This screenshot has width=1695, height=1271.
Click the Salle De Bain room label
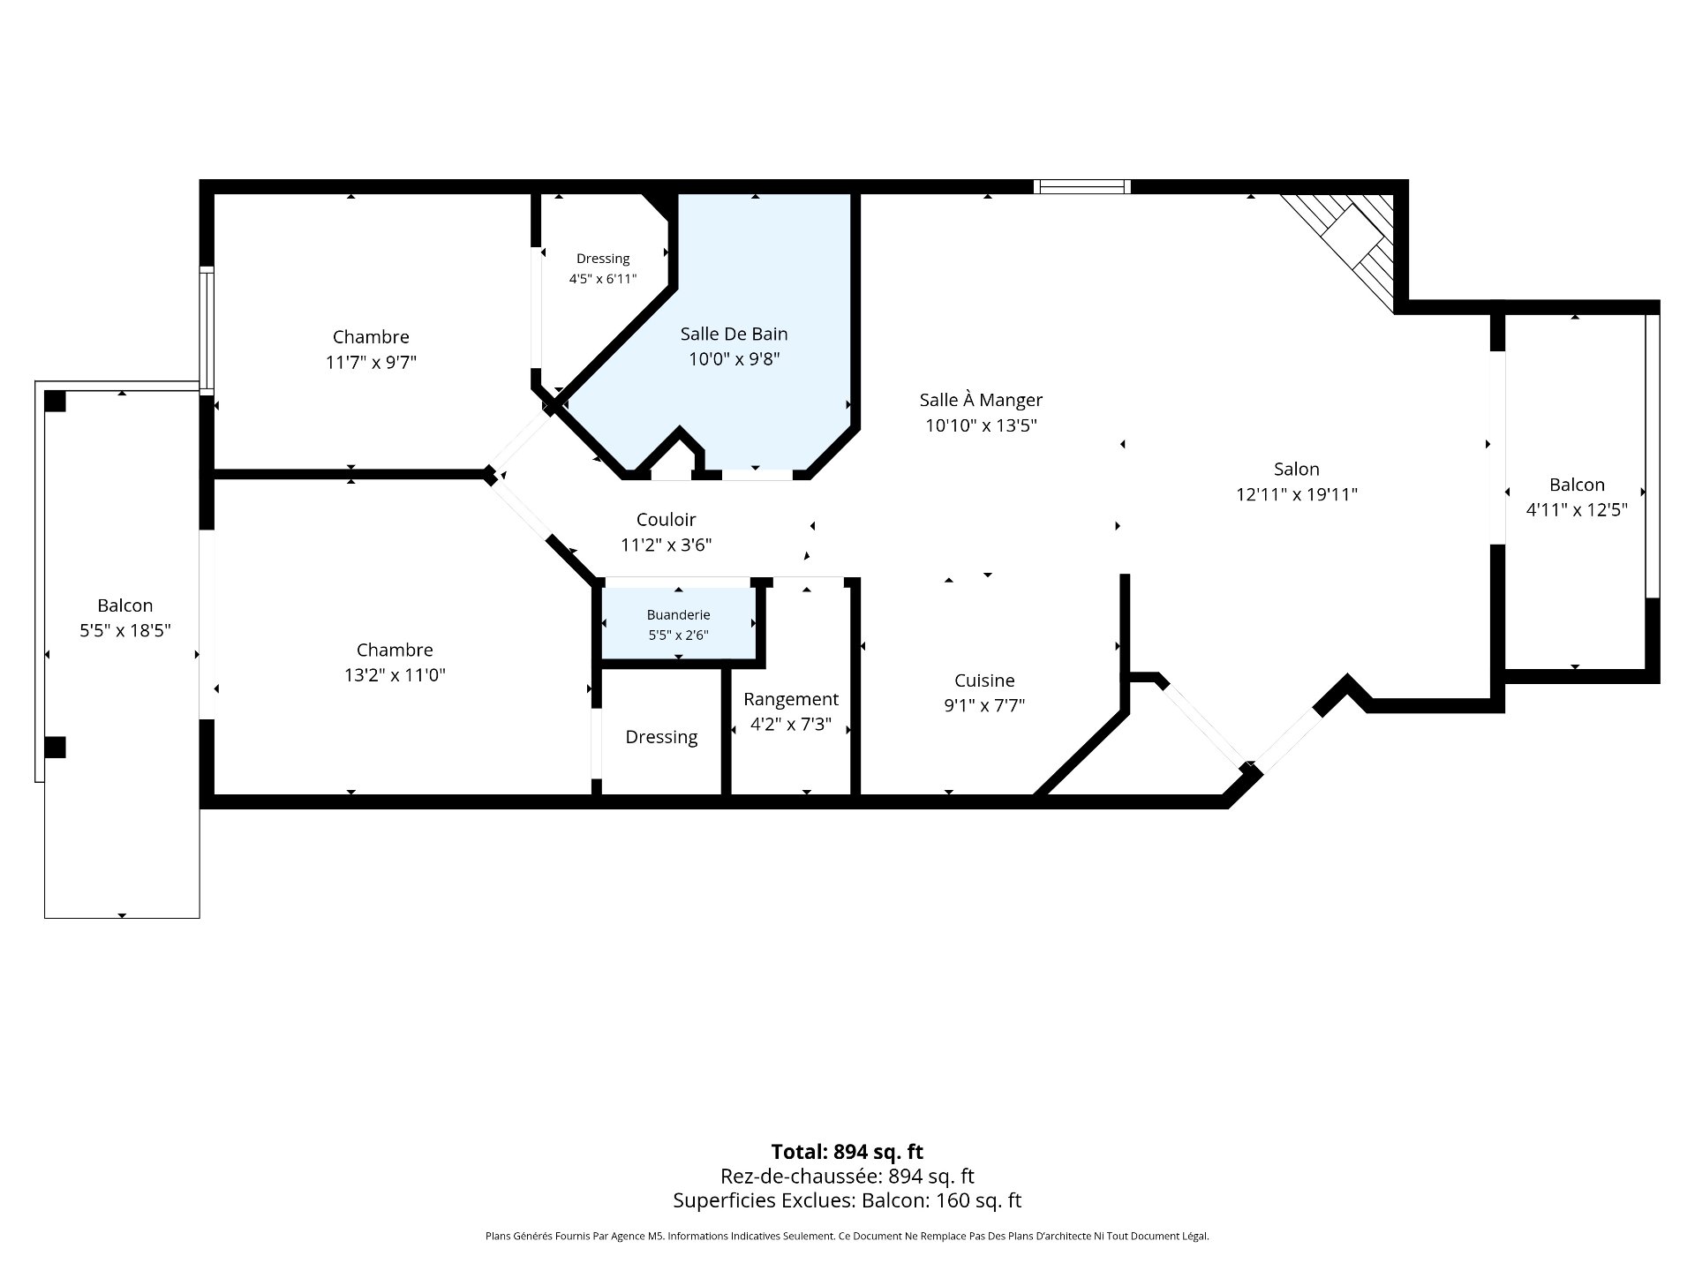tap(734, 335)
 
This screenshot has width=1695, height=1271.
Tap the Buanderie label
tap(678, 615)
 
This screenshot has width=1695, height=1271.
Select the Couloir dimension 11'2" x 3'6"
tap(666, 545)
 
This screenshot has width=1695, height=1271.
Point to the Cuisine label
tap(984, 681)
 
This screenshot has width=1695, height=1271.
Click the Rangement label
tap(791, 700)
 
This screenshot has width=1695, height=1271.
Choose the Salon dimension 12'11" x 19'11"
tap(1296, 495)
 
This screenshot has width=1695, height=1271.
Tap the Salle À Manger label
tap(981, 399)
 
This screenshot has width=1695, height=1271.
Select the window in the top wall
tap(1081, 186)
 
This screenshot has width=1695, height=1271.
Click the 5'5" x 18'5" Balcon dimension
tap(124, 631)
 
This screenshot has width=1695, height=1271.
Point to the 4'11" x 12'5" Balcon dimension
tap(1577, 510)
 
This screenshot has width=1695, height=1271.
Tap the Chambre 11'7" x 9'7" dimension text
tap(371, 363)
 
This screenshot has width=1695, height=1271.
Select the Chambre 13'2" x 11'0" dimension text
tap(395, 676)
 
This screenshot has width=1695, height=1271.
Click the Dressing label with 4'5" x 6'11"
tap(603, 259)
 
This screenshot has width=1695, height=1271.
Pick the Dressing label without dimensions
tap(661, 738)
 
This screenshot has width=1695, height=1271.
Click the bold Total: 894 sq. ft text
tap(847, 1152)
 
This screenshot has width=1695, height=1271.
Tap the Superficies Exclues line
tap(847, 1200)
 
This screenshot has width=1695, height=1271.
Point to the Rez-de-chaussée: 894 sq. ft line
tap(847, 1177)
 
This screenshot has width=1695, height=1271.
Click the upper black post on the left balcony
tap(55, 401)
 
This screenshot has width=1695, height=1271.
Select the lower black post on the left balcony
tap(55, 748)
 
